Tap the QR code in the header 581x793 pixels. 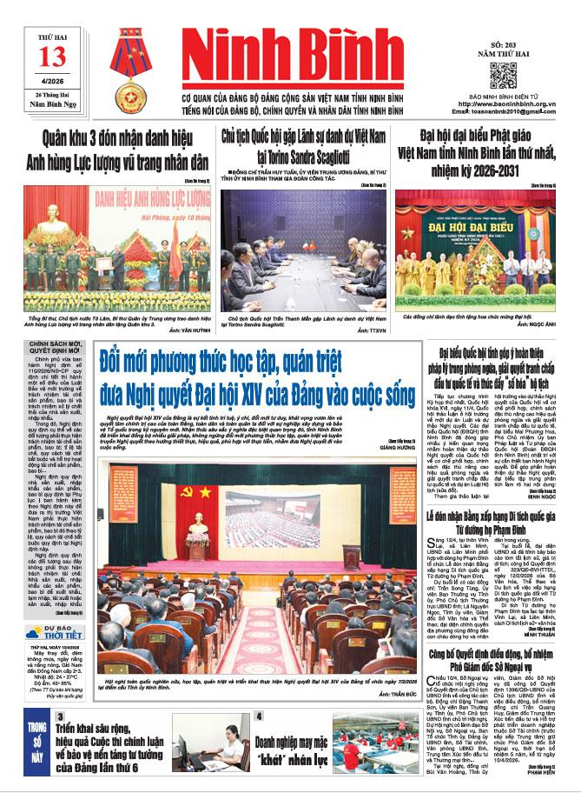[503, 75]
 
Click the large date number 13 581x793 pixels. [52, 57]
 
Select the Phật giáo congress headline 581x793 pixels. [474, 149]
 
